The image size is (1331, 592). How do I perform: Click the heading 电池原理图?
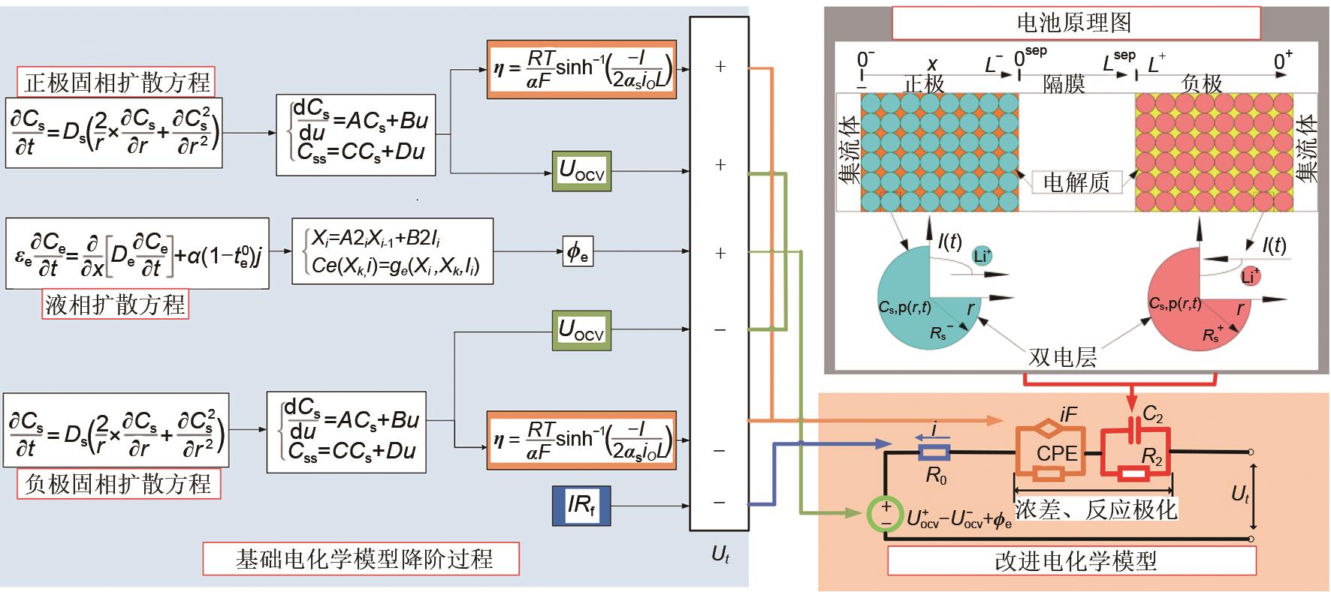[1075, 23]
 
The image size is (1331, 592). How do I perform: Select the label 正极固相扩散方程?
[116, 82]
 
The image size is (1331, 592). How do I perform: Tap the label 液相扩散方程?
[115, 304]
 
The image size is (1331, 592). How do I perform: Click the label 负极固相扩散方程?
[119, 484]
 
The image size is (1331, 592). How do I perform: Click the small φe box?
[577, 252]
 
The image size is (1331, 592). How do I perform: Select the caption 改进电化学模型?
[1075, 560]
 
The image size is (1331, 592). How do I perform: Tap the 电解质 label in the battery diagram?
[1076, 182]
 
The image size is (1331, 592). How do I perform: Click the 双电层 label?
[1062, 356]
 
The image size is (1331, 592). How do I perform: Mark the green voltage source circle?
[886, 514]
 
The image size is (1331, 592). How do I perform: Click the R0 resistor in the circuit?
[935, 452]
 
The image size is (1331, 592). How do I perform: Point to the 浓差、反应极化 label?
[1096, 509]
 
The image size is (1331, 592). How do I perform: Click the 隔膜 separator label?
[1064, 84]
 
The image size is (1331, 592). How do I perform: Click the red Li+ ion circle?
[1250, 275]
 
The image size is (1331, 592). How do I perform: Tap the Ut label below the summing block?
[720, 555]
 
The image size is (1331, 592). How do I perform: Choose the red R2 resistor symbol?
[1133, 474]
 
